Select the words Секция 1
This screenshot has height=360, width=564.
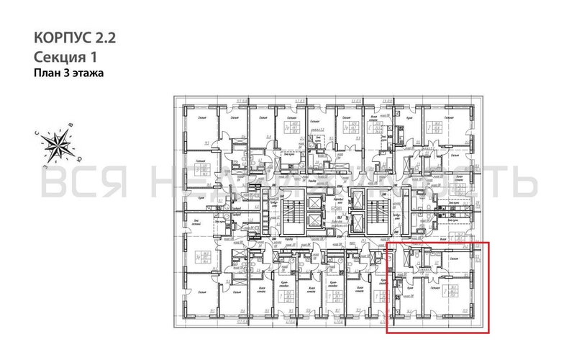[65, 56]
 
